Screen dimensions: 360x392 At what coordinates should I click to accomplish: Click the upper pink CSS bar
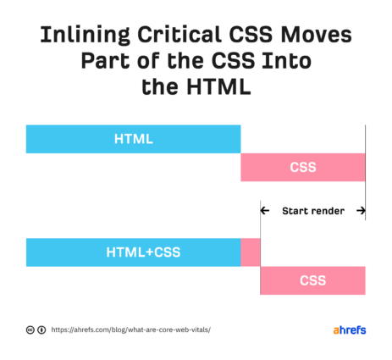(303, 167)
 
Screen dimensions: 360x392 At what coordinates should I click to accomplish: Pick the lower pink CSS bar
(312, 280)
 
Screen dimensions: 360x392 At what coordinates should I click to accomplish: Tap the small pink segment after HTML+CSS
(251, 252)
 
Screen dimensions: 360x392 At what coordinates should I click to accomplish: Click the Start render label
(313, 211)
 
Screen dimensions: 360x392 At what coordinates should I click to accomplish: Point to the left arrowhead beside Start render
(264, 211)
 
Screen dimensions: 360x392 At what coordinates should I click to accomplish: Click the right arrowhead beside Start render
(361, 211)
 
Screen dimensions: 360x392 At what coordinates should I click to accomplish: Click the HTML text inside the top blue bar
(133, 139)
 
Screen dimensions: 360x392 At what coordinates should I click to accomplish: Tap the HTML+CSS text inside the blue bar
(143, 252)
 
